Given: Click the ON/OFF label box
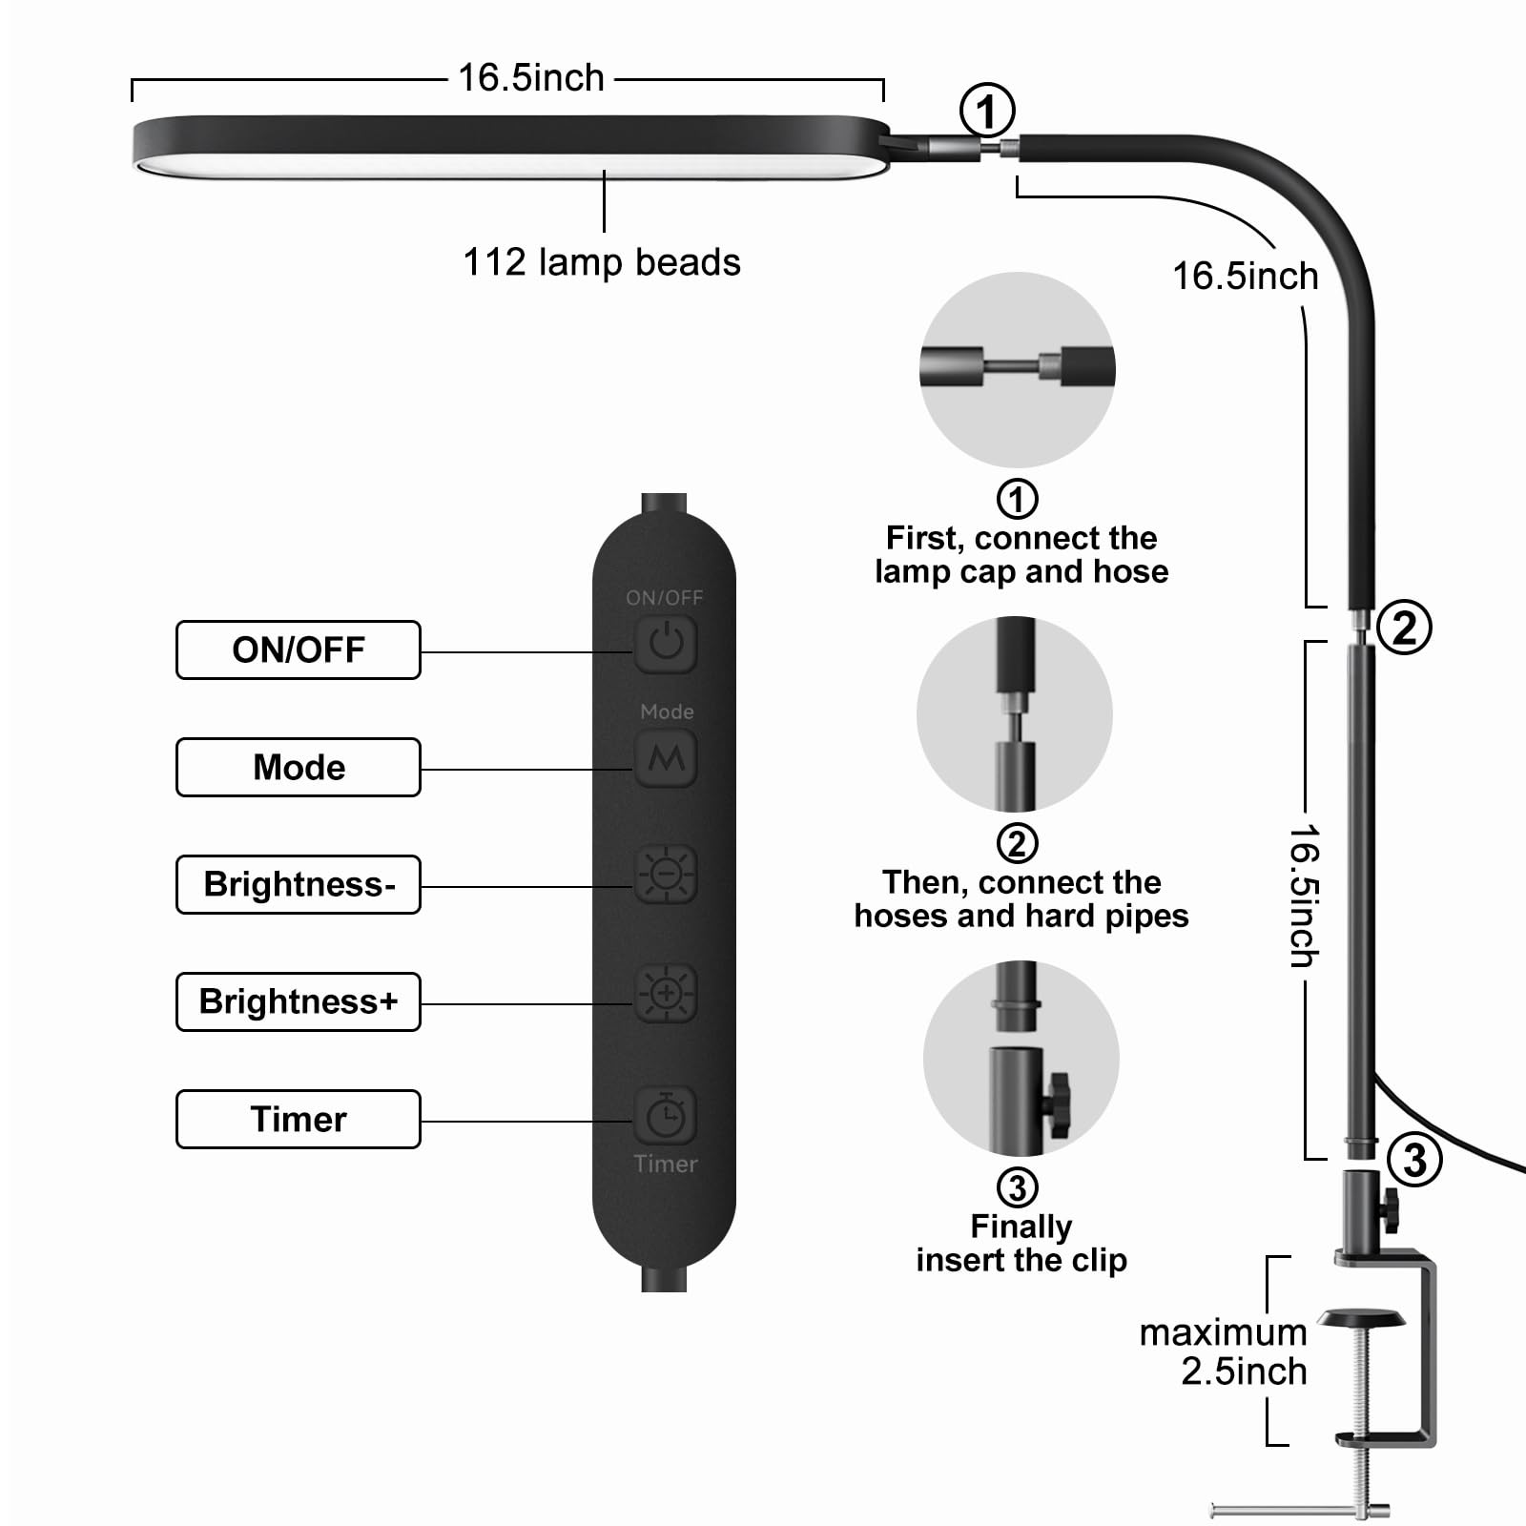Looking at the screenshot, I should [x=298, y=650].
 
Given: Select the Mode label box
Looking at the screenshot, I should [x=298, y=767].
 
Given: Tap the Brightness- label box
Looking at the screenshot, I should [x=298, y=884].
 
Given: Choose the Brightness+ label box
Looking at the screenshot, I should [x=298, y=1001].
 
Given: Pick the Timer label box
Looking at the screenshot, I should [x=298, y=1119].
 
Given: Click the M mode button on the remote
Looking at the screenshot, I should [x=666, y=758].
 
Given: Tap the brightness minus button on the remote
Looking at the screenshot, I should [x=666, y=874].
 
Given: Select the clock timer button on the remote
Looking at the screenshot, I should [x=666, y=1115].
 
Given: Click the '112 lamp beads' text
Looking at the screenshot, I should [x=601, y=262].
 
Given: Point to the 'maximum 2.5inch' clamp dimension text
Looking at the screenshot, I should [x=1225, y=1351].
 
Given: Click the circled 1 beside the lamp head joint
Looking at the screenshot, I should [x=986, y=111].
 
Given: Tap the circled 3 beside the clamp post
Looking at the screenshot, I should [x=1414, y=1160].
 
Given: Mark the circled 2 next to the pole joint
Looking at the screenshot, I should [x=1404, y=628].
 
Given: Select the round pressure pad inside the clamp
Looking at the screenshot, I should [x=1361, y=1318].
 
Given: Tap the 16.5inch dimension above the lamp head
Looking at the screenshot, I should [x=531, y=78].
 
